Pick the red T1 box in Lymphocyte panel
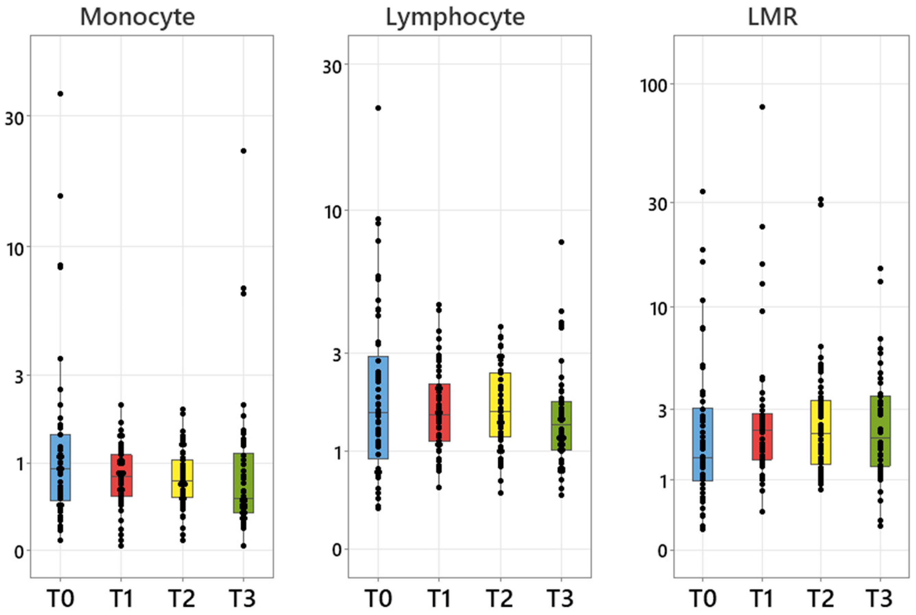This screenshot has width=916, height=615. (439, 428)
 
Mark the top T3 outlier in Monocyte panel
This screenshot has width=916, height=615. (243, 151)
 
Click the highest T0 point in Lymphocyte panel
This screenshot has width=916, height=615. (378, 108)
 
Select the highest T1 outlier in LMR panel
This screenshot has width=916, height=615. (762, 107)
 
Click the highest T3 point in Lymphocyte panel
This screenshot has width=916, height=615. (561, 242)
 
